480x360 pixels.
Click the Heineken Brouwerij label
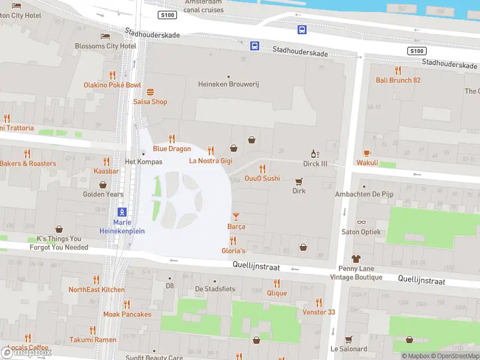point(228,85)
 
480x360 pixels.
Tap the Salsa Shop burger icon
point(150,92)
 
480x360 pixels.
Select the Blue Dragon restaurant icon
point(172,139)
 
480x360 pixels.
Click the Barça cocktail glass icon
point(236,217)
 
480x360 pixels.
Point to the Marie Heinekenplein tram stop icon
point(122,212)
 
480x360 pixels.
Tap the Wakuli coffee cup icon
point(367,153)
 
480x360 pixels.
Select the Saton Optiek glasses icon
point(361,223)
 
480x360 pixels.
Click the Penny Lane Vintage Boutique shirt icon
point(356,259)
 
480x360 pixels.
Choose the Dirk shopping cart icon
point(299,181)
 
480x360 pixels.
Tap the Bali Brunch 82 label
point(398,80)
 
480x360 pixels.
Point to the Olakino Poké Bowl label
point(112,85)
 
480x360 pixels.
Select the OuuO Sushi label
point(262,178)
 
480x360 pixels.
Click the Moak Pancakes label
point(127,314)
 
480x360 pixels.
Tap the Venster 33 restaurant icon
point(319,302)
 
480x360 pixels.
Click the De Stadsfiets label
point(215,289)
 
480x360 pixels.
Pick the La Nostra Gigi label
point(211,161)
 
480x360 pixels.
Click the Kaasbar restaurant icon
point(106,161)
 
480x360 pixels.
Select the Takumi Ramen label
point(92,340)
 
